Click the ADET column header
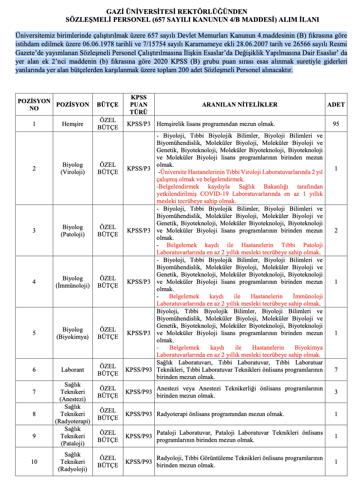coord(336,104)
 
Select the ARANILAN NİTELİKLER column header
coord(239,104)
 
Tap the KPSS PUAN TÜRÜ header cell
coord(139,104)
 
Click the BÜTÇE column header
coord(108,104)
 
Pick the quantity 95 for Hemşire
coord(336,124)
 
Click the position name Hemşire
coord(72,124)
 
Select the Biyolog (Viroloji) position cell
coord(72,168)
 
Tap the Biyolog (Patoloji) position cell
coord(72,231)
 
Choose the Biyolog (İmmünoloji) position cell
coord(72,282)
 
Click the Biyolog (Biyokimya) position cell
coord(72,333)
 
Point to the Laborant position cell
coord(72,370)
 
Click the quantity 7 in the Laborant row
coord(336,370)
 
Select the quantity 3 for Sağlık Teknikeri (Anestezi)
coord(336,392)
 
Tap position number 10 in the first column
coord(34,462)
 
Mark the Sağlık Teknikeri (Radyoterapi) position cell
coord(72,414)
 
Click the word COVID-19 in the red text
coord(214,194)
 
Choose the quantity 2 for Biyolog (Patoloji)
coord(336,231)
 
